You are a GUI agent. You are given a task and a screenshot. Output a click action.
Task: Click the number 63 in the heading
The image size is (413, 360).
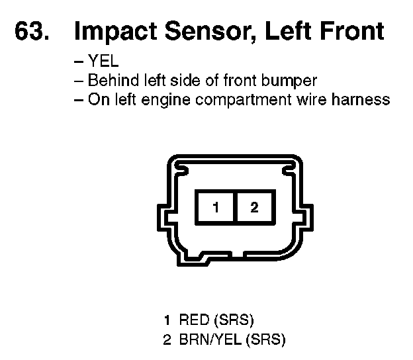pos(30,32)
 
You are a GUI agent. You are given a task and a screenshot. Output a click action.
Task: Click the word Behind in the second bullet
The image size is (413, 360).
pos(109,81)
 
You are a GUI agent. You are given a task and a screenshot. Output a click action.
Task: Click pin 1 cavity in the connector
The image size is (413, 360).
pos(216,207)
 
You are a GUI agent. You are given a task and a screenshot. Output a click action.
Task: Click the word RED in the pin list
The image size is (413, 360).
pos(193,321)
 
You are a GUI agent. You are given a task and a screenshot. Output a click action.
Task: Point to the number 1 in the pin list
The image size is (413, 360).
pos(167,321)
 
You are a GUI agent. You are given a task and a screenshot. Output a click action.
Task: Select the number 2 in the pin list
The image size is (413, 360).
pos(167,340)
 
